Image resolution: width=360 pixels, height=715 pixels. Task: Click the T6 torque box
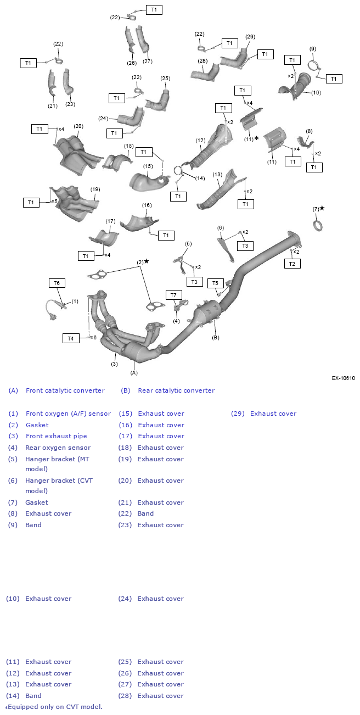point(57,283)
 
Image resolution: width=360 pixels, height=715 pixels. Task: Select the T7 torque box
point(173,295)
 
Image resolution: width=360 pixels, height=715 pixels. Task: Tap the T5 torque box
point(215,283)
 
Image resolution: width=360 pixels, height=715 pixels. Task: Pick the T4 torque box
point(71,338)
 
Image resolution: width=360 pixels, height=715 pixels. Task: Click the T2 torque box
point(292,264)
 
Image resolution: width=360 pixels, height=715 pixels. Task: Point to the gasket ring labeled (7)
point(318,225)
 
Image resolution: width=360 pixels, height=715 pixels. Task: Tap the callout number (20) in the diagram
point(78,126)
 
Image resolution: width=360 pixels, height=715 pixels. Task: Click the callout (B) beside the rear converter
point(216,337)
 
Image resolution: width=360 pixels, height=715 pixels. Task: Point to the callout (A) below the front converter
point(134,372)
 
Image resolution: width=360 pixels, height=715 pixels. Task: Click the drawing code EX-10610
point(343,378)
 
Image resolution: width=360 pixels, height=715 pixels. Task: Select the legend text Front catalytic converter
point(65,390)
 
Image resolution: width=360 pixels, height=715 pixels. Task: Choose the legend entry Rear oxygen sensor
point(58,448)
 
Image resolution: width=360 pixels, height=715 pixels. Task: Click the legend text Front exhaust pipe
point(56,436)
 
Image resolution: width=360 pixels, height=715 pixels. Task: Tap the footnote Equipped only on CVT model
point(55,707)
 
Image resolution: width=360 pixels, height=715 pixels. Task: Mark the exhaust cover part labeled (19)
point(75,204)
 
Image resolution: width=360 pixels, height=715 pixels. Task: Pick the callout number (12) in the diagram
point(200,141)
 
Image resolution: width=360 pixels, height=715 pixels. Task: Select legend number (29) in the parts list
point(238,414)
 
